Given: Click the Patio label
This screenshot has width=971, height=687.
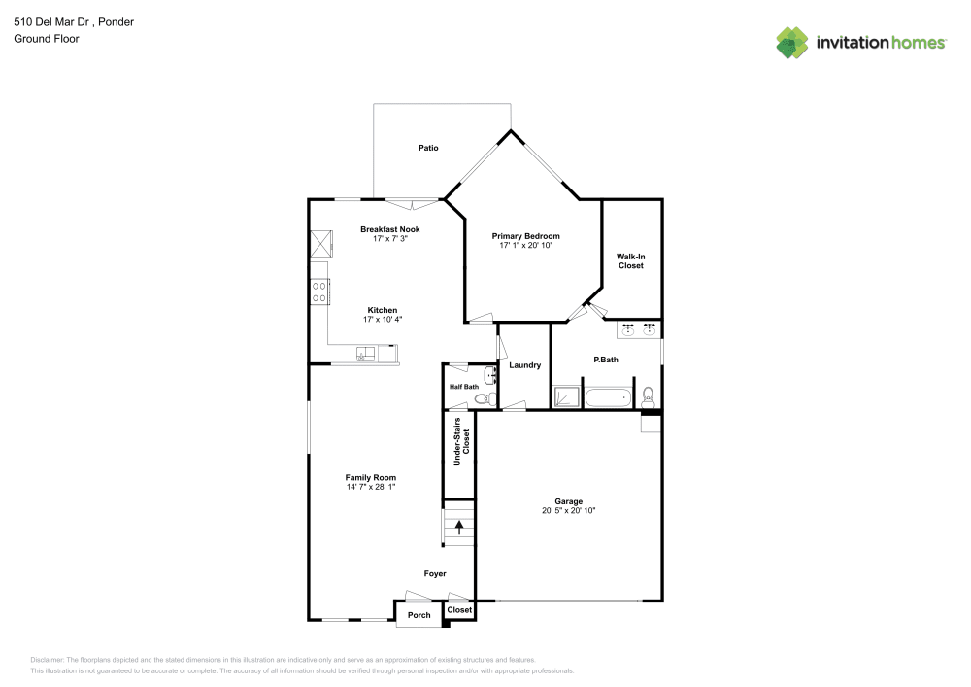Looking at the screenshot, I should click(428, 148).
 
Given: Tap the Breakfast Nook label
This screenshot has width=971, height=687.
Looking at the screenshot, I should click(390, 229).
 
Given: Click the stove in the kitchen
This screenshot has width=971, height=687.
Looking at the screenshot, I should click(319, 291).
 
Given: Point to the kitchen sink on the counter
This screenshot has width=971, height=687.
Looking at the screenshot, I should click(366, 354).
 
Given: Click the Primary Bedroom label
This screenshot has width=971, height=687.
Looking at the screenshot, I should click(525, 236).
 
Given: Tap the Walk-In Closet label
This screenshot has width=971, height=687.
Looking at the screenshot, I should click(630, 260).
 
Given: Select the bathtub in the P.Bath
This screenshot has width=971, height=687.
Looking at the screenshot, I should click(609, 397).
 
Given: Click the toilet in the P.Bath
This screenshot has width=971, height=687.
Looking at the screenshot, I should click(648, 395).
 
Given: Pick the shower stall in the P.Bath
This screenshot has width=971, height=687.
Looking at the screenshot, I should click(565, 397).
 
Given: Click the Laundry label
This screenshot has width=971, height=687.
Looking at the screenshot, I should click(524, 365).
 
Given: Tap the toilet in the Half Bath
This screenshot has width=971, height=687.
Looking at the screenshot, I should click(489, 397).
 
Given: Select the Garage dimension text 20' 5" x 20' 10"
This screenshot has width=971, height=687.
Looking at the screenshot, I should click(568, 510).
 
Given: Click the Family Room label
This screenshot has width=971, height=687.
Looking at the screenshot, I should click(370, 477).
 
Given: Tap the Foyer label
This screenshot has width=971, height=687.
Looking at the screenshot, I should click(435, 573).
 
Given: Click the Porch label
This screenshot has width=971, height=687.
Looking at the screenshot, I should click(419, 615).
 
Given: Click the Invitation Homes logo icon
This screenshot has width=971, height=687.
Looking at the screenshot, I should click(792, 43).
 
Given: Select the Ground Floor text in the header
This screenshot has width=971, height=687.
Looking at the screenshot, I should click(47, 39).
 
